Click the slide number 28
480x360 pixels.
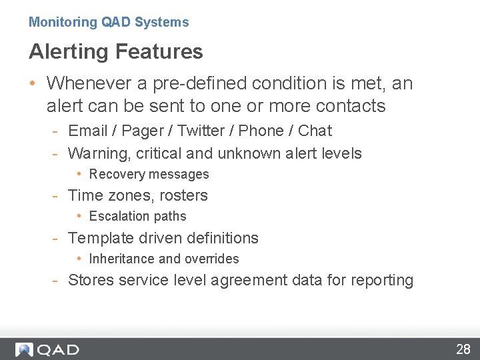(x=463, y=349)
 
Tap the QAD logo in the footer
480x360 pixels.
(x=47, y=349)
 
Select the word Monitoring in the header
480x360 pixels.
(x=63, y=22)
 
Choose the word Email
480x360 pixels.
(x=89, y=131)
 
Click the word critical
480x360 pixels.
(x=159, y=153)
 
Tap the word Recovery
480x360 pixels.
(x=116, y=175)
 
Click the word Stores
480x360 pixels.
(x=91, y=280)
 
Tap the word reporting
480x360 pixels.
(x=381, y=281)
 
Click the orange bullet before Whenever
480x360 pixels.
(x=33, y=84)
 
